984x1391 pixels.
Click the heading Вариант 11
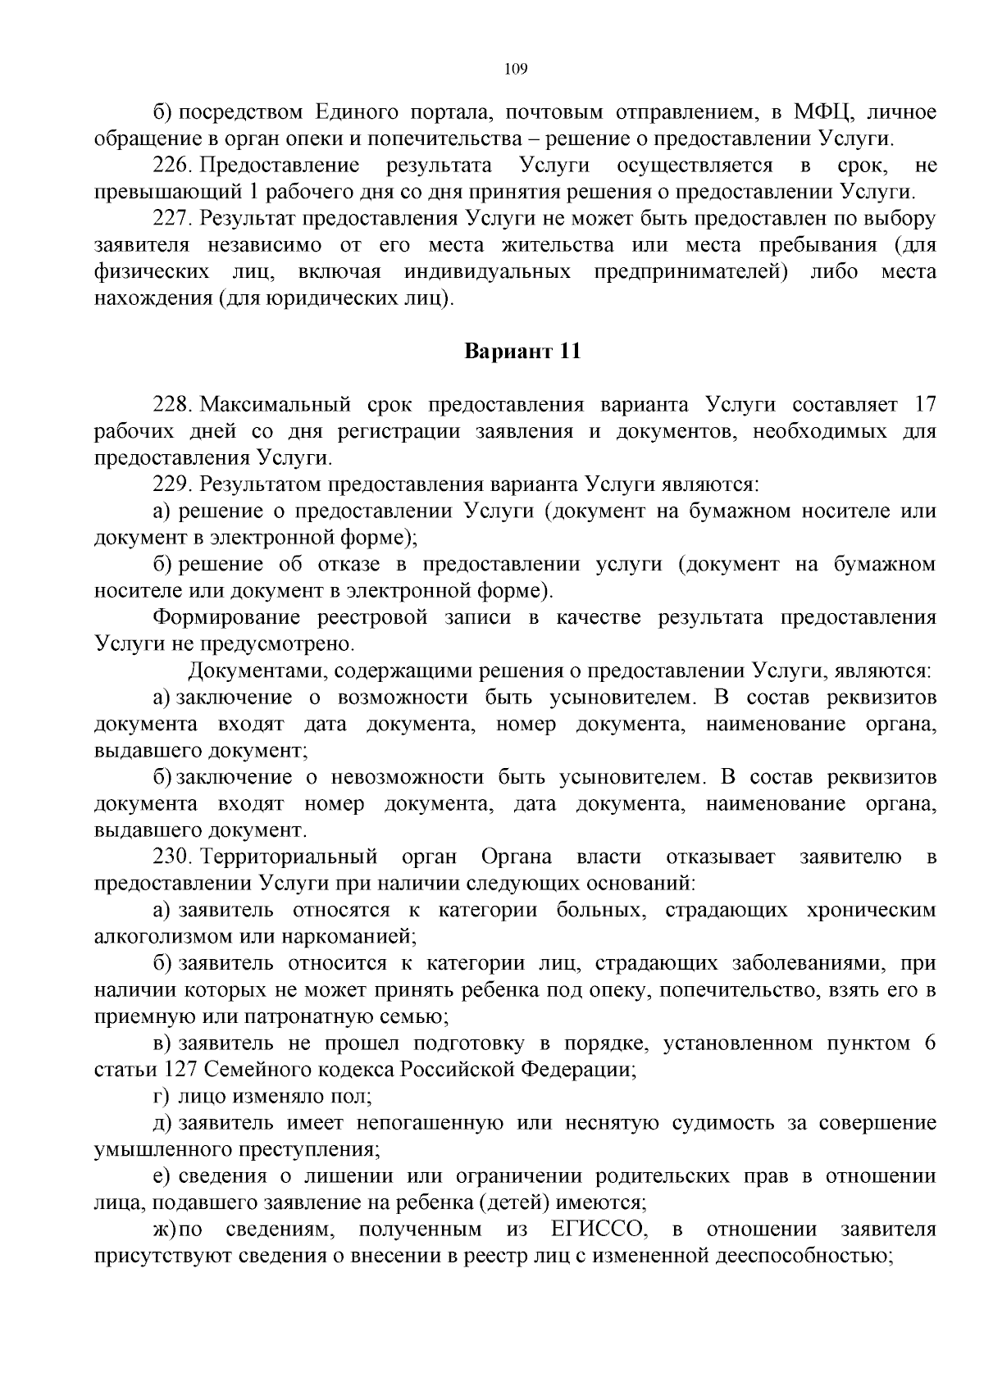tap(522, 352)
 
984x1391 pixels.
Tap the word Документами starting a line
tap(248, 671)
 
